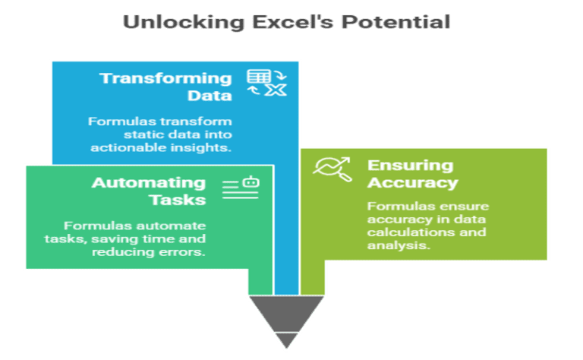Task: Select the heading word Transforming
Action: [165, 78]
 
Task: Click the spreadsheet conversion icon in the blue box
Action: [266, 84]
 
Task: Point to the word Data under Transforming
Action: [210, 96]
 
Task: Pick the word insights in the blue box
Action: [202, 147]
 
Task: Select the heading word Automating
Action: [149, 183]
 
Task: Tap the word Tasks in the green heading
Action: [177, 200]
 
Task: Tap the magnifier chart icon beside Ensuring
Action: [333, 168]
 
